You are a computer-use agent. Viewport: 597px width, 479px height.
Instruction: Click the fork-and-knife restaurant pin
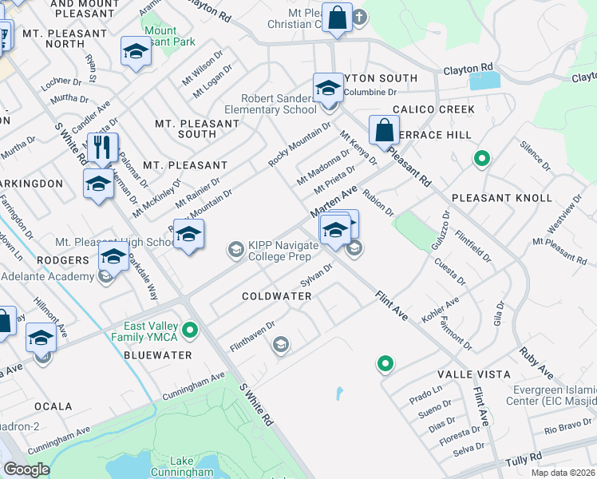click(x=102, y=148)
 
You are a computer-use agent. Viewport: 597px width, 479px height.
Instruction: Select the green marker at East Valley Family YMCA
click(x=190, y=329)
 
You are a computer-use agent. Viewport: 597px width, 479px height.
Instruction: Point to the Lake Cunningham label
click(x=191, y=466)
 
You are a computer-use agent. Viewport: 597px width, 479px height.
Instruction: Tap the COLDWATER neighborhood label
click(x=277, y=296)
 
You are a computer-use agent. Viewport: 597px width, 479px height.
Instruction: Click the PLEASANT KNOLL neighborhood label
click(x=501, y=197)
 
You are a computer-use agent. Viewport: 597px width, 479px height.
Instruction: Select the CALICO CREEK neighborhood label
click(x=433, y=109)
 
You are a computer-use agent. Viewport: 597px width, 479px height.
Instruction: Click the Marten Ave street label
click(x=333, y=202)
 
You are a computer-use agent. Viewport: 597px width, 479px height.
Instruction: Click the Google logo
click(x=27, y=469)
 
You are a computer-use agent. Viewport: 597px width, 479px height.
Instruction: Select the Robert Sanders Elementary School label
click(x=270, y=103)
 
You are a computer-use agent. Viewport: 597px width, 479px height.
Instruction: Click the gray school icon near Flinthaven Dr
click(x=279, y=345)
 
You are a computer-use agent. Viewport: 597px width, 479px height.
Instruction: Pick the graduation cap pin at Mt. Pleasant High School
click(x=188, y=235)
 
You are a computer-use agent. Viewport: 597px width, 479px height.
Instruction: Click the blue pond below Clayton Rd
click(x=484, y=81)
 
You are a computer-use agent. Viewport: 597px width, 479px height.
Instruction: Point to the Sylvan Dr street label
click(x=316, y=275)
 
